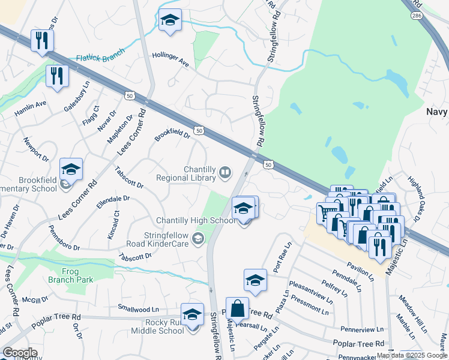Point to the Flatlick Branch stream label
click(x=100, y=58)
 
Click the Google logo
click(x=20, y=353)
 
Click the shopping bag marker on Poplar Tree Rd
click(x=237, y=310)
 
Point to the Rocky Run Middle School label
click(x=163, y=326)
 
